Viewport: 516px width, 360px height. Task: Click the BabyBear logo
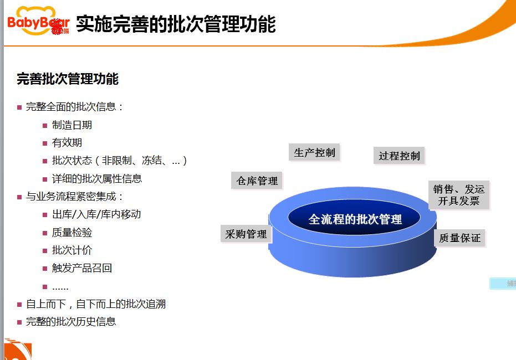[x=38, y=21]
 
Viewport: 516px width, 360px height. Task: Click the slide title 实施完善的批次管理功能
[x=176, y=24]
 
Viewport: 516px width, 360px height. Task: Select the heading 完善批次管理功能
[x=68, y=79]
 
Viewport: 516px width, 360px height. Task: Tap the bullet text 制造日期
[x=71, y=125]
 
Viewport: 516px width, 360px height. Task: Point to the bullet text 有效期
[x=67, y=143]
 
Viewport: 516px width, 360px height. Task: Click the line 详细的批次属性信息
[x=97, y=178]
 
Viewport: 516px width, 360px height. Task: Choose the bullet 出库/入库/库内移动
[x=96, y=214]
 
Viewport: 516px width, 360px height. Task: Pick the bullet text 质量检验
[x=71, y=233]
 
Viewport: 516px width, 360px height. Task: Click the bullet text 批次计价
[x=71, y=250]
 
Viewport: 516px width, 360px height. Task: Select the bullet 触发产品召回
[x=82, y=268]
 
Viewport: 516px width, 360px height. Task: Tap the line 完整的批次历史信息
[x=71, y=321]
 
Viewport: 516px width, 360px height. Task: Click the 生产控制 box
[x=314, y=152]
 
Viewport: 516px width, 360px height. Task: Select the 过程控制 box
[x=399, y=156]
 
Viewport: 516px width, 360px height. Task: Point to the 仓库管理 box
[x=257, y=181]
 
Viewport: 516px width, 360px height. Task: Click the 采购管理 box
[x=246, y=234]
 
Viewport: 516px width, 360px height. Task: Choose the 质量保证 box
[x=459, y=238]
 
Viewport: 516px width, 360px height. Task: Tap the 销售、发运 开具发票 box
[x=459, y=195]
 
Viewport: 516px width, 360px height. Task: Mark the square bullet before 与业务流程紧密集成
[x=19, y=197]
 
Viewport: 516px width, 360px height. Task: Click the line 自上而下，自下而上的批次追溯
[x=96, y=304]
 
